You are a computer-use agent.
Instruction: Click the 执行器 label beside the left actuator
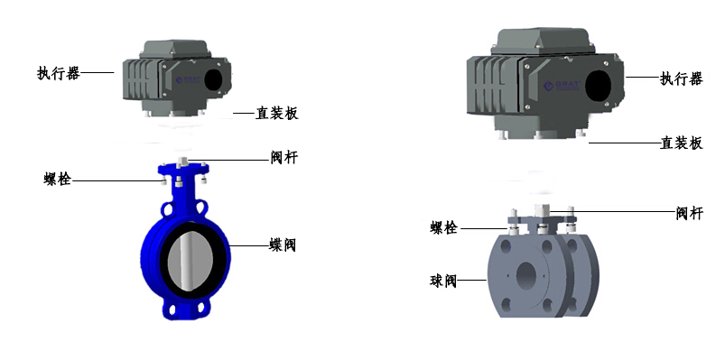(x=59, y=73)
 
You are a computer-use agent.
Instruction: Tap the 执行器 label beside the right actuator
(x=681, y=78)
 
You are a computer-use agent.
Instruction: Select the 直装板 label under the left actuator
(x=277, y=113)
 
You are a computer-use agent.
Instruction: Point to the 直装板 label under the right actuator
(x=681, y=143)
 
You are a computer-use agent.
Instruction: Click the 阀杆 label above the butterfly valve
(x=284, y=158)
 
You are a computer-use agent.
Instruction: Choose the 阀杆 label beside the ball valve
(x=690, y=213)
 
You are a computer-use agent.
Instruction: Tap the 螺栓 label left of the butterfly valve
(x=58, y=180)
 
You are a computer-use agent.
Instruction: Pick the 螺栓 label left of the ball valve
(x=444, y=228)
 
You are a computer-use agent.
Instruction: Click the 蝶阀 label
(x=283, y=245)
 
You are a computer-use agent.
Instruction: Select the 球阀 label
(x=443, y=281)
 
